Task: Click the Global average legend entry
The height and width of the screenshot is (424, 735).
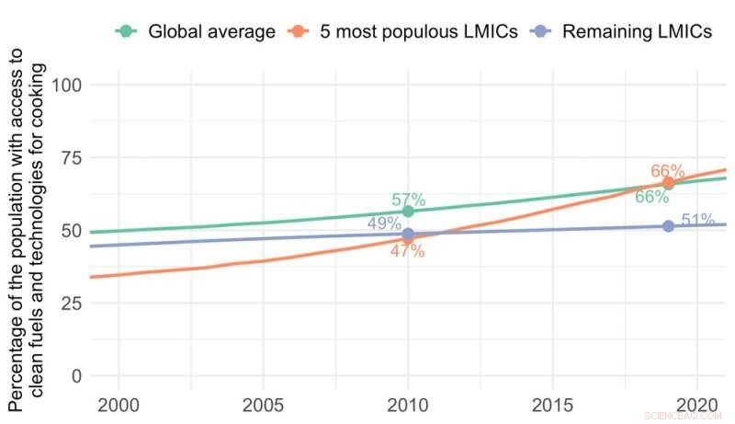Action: pyautogui.click(x=197, y=32)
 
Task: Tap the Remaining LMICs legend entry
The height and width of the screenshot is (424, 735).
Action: pyautogui.click(x=625, y=32)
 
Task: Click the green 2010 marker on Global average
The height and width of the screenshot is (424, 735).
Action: pyautogui.click(x=408, y=212)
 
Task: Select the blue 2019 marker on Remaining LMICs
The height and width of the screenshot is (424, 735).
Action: pyautogui.click(x=669, y=225)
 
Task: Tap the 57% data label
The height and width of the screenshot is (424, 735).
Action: pyautogui.click(x=408, y=199)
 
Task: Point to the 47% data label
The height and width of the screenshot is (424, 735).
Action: pyautogui.click(x=408, y=251)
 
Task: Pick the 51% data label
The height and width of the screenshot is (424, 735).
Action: pyautogui.click(x=698, y=220)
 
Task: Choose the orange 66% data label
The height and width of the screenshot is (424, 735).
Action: pyautogui.click(x=668, y=171)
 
